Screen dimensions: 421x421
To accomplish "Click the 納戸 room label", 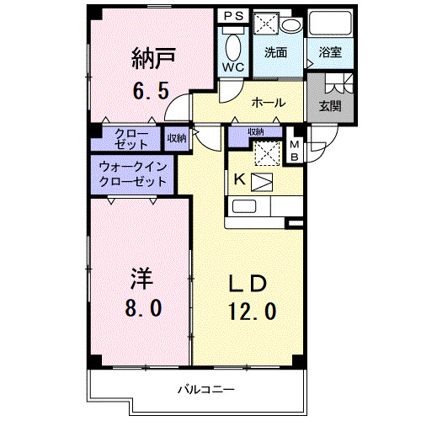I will [152, 58].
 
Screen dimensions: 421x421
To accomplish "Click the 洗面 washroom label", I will [275, 52].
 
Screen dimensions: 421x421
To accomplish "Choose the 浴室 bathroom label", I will [329, 52].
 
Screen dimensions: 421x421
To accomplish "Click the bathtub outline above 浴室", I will [329, 24].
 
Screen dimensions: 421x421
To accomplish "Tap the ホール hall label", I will [269, 103].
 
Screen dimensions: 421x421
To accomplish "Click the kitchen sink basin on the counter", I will [245, 206].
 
